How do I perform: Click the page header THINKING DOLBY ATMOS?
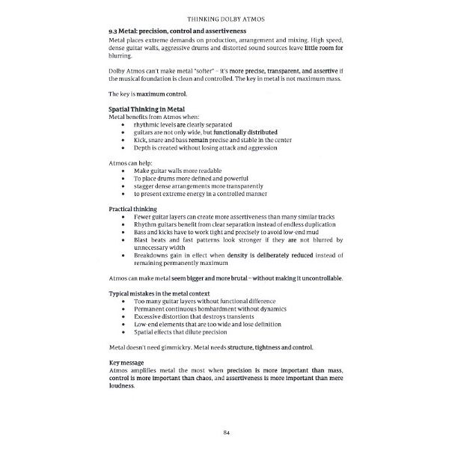click(224, 15)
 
